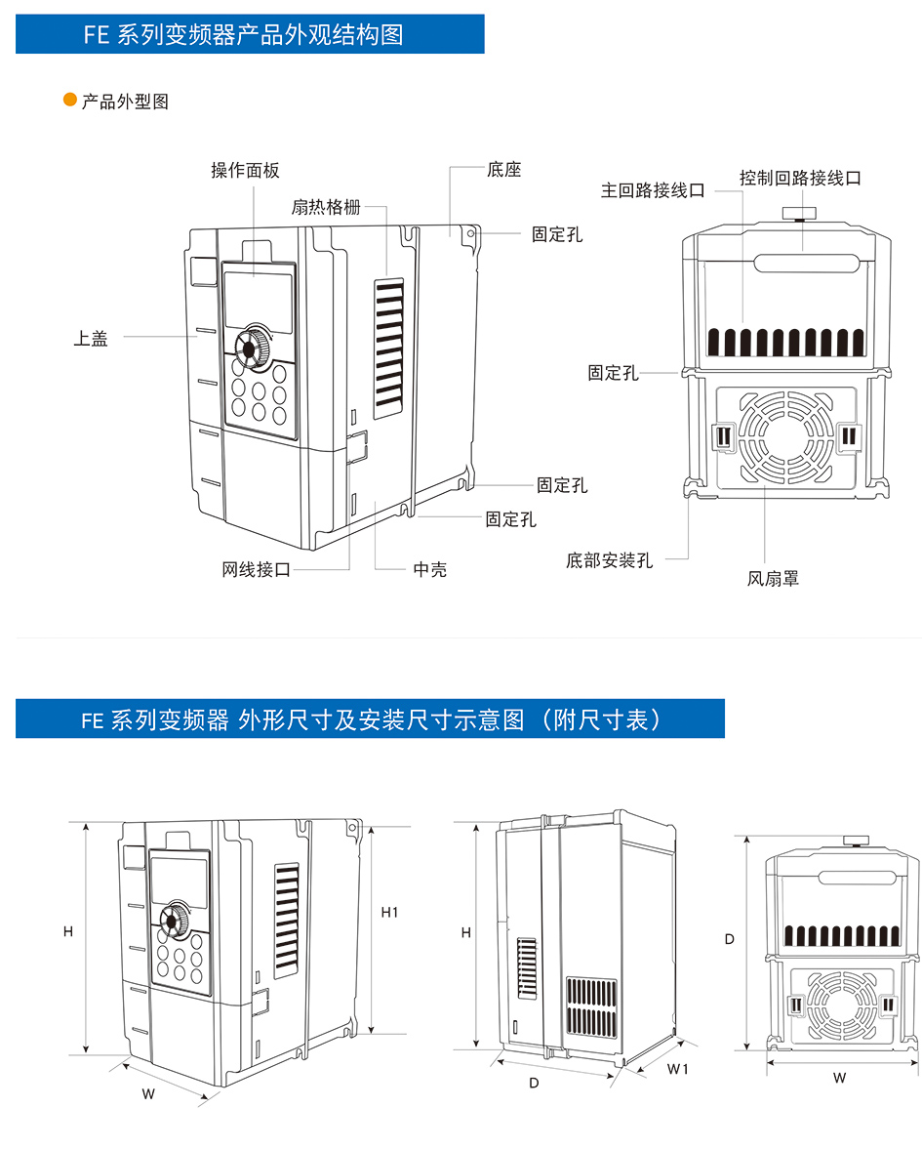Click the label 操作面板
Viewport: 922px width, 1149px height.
point(245,170)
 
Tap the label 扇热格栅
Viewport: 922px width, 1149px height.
point(326,207)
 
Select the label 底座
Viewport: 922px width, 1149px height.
point(504,170)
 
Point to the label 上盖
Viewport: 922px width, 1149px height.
point(91,339)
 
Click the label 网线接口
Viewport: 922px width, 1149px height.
point(256,569)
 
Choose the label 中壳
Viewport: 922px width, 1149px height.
point(430,569)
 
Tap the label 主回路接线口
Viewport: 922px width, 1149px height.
point(652,190)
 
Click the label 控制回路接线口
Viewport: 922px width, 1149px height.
point(800,178)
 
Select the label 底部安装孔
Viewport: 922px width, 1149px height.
point(610,560)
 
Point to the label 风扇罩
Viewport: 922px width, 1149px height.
point(773,579)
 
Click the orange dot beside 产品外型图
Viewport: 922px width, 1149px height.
point(69,101)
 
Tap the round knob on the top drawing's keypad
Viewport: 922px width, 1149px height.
point(253,348)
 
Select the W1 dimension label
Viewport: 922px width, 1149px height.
point(678,1069)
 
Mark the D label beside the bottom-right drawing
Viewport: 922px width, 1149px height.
point(729,939)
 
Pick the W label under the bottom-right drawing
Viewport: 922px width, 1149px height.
point(839,1078)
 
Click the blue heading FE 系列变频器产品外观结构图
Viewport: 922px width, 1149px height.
point(250,35)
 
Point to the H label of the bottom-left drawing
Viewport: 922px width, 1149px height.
point(68,931)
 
